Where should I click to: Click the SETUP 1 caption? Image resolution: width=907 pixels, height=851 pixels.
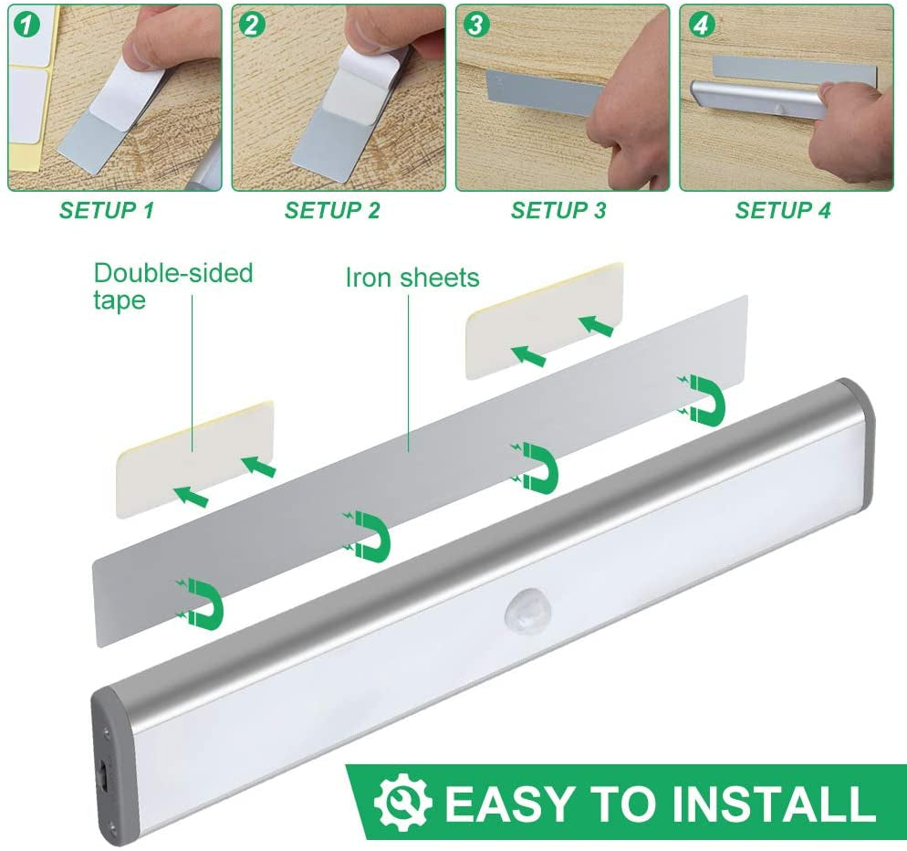(x=107, y=211)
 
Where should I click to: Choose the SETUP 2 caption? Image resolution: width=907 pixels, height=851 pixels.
(x=332, y=211)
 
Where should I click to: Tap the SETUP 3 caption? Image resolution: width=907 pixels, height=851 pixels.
(x=558, y=211)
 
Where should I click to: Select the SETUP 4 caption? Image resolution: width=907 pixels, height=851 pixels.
(x=783, y=211)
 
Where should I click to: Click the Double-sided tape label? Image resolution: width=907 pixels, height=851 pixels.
(x=172, y=286)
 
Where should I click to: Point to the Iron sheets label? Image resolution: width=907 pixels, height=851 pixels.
(x=412, y=278)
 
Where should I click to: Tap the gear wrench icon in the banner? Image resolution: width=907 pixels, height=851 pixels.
(x=402, y=803)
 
